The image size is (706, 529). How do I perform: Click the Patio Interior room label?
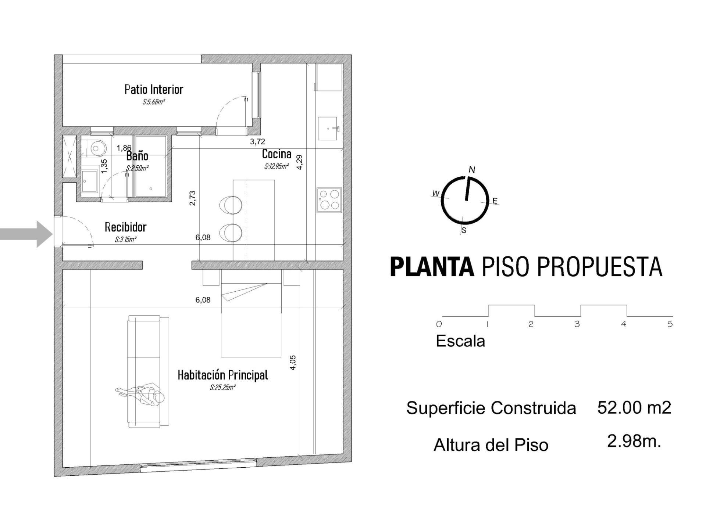click(x=154, y=89)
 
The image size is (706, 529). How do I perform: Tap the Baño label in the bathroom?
click(x=137, y=156)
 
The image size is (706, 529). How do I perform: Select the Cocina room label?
click(x=277, y=154)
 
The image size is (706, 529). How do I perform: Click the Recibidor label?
click(x=125, y=227)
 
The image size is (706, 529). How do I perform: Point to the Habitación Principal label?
click(x=222, y=375)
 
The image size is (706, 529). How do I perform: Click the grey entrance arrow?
click(x=26, y=234)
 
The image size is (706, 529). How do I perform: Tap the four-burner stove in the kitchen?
click(x=329, y=200)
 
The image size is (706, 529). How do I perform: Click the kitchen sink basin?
click(x=328, y=129)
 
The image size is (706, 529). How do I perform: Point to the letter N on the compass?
click(x=472, y=170)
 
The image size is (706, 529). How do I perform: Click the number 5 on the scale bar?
click(x=670, y=324)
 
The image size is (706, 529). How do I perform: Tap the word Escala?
click(x=460, y=341)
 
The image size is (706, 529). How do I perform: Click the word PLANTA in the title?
click(x=432, y=267)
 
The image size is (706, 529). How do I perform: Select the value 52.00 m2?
click(x=634, y=407)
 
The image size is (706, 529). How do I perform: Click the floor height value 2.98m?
click(x=634, y=441)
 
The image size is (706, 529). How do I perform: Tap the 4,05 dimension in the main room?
click(x=293, y=362)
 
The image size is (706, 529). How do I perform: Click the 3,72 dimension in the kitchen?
click(x=257, y=141)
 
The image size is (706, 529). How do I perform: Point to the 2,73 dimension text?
click(x=192, y=198)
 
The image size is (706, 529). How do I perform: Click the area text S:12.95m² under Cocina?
click(x=276, y=166)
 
